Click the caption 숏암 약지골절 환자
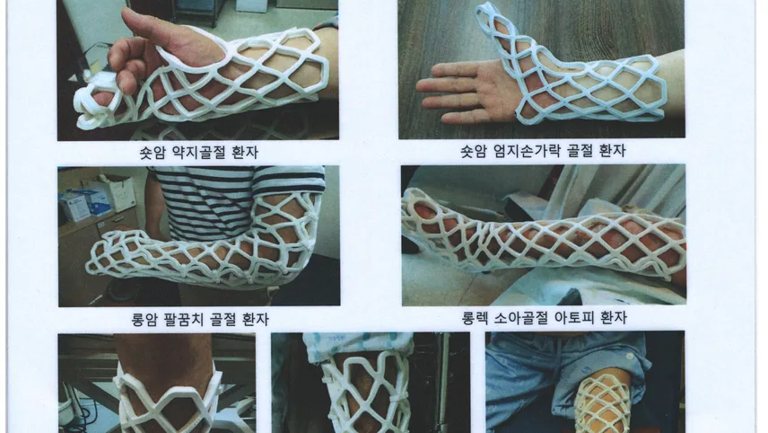[x=198, y=153]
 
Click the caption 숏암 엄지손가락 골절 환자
[x=543, y=151]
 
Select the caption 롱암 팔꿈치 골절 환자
[x=200, y=320]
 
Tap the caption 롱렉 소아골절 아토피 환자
[x=544, y=318]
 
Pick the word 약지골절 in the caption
[x=199, y=153]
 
